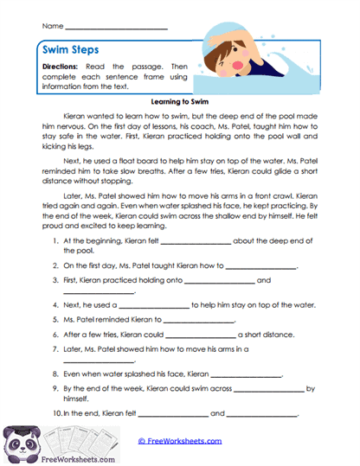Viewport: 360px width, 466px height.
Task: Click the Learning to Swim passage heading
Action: click(179, 100)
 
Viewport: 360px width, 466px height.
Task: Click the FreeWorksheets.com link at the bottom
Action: click(180, 441)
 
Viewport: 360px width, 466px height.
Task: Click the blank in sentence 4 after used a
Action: click(153, 306)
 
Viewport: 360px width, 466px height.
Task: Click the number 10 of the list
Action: click(56, 414)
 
